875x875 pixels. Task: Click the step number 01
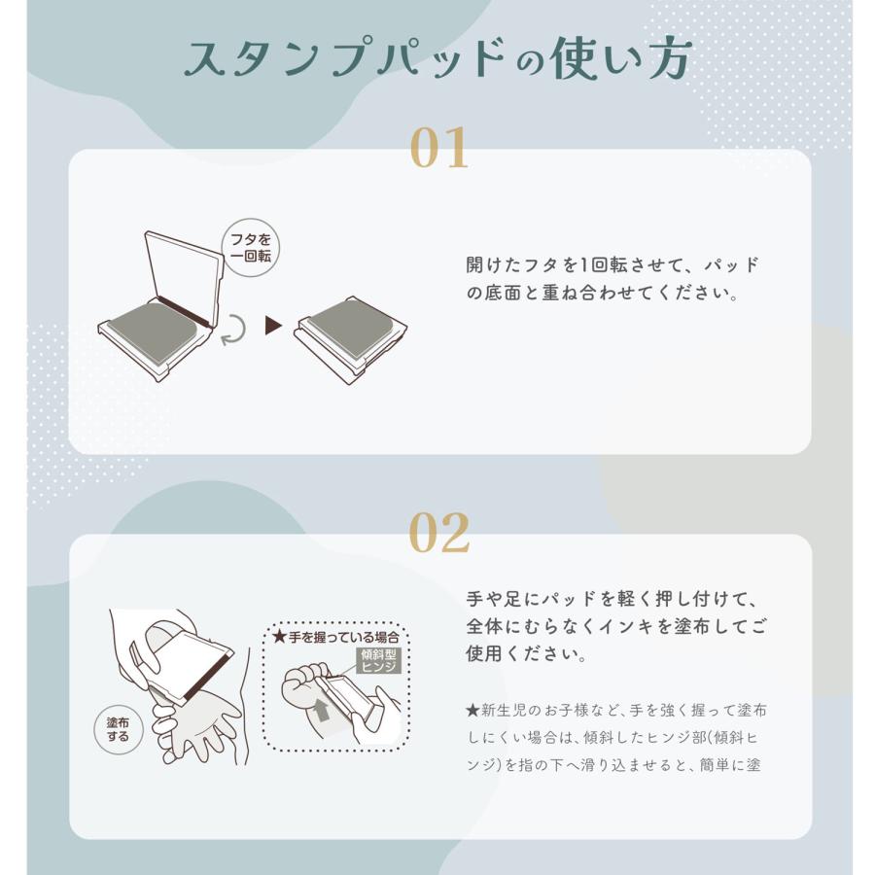click(x=438, y=148)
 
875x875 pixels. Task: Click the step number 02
click(x=438, y=533)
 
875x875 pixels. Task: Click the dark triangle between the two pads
click(x=273, y=326)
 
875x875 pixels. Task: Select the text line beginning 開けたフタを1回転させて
click(x=612, y=265)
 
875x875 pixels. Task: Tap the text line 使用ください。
click(x=527, y=653)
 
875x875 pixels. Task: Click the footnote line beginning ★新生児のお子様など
click(x=616, y=710)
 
